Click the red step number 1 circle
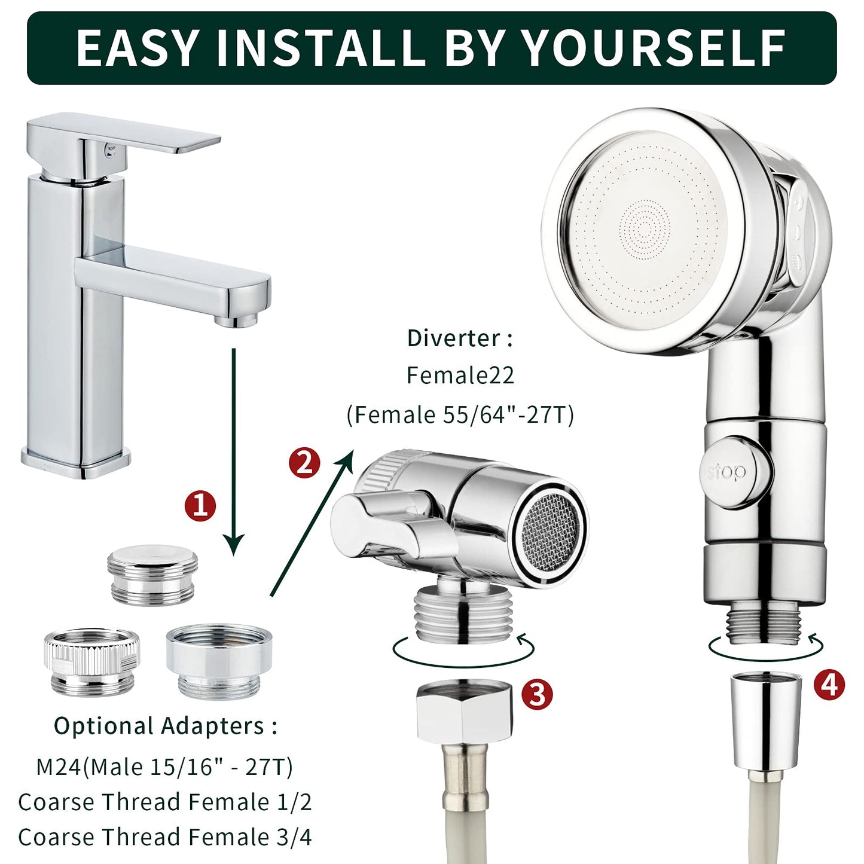coord(200,505)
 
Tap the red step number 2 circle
coord(304,463)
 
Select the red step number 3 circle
coord(536,694)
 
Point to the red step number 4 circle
coord(828,685)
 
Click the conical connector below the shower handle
coord(766,720)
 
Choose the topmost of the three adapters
coord(152,574)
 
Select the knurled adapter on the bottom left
coord(91,661)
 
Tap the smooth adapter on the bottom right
coord(219,660)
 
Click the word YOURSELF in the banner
coord(654,48)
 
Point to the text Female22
coord(460,375)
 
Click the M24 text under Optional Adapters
coord(58,767)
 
